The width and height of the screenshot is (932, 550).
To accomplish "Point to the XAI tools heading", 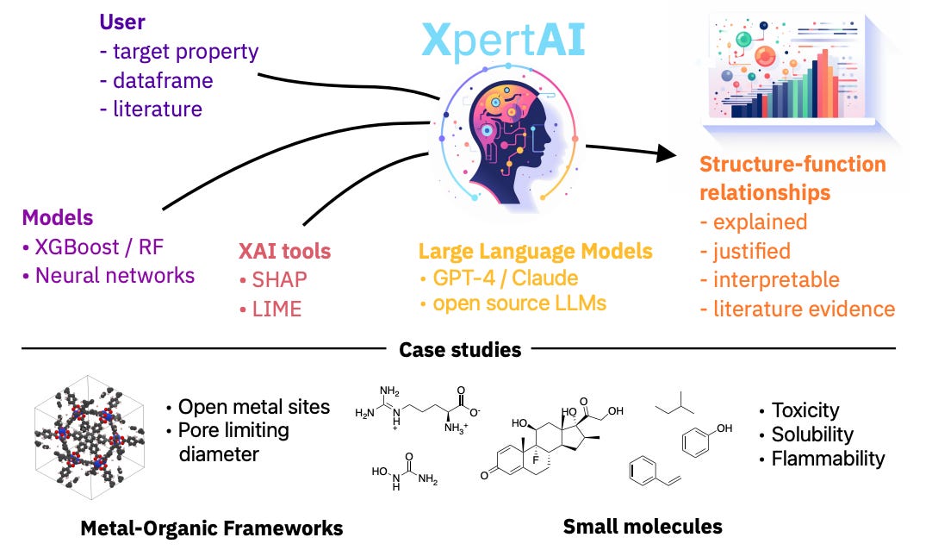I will point(284,252).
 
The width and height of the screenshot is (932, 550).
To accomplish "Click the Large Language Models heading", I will point(535,252).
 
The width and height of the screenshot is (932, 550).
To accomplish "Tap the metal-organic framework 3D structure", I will point(88,438).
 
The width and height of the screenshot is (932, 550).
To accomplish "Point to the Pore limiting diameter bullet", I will point(233,441).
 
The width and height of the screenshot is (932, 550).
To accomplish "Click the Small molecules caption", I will point(643,526).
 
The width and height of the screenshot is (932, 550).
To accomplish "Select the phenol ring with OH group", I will point(699,440).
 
